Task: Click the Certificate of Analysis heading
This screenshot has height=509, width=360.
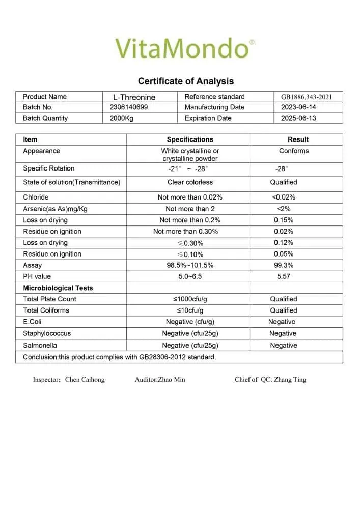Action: coord(186,81)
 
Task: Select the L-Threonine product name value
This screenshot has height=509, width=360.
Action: coord(134,97)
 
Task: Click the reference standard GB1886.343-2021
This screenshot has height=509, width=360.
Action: coord(307,97)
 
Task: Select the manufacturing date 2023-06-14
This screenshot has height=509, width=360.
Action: coord(298,107)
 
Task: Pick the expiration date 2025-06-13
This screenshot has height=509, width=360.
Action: coord(298,118)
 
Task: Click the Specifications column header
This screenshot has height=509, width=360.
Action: coord(190,139)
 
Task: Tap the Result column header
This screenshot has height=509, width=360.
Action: coord(298,139)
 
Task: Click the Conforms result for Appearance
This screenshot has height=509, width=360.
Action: coord(294,151)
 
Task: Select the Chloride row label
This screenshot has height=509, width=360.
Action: coord(36,197)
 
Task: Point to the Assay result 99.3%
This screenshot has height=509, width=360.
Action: coord(284,265)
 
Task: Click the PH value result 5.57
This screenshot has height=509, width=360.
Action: coord(284,276)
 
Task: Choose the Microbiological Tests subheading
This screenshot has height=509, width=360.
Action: coord(58,288)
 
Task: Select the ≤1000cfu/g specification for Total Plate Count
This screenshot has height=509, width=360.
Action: coord(190,299)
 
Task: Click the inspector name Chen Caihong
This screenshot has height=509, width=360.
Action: coord(85,380)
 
